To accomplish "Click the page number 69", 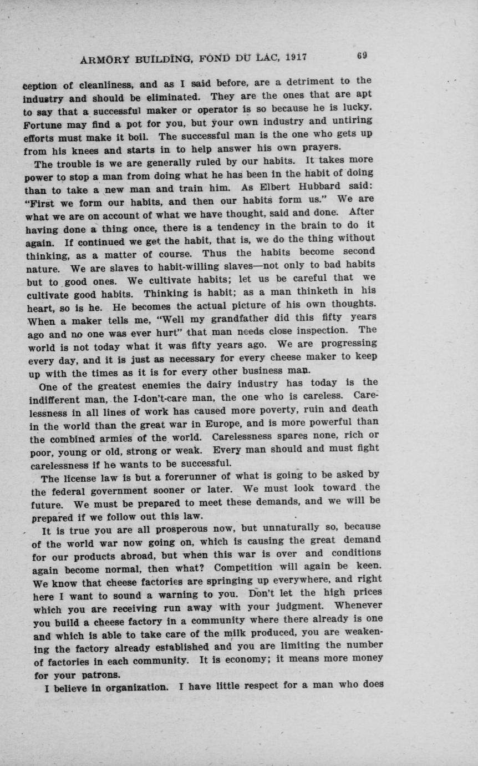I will click(x=363, y=56).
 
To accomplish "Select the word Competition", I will click(x=243, y=567).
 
